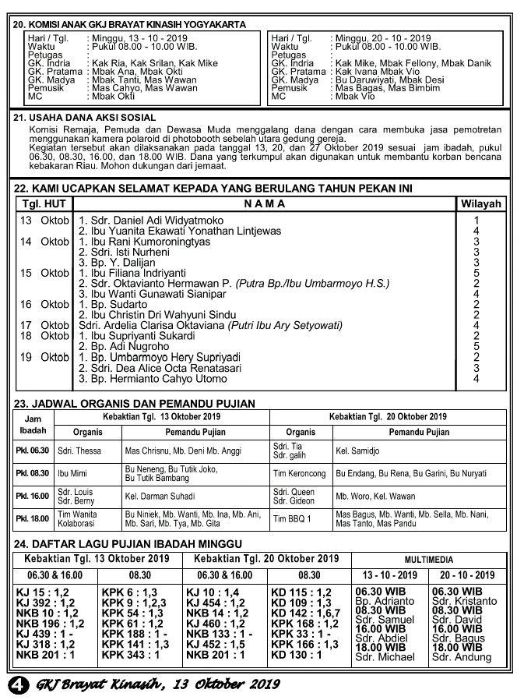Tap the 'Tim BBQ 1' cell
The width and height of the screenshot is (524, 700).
(292, 518)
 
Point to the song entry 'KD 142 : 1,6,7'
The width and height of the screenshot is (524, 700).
(304, 613)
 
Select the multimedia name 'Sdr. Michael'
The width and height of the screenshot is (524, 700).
(384, 657)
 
